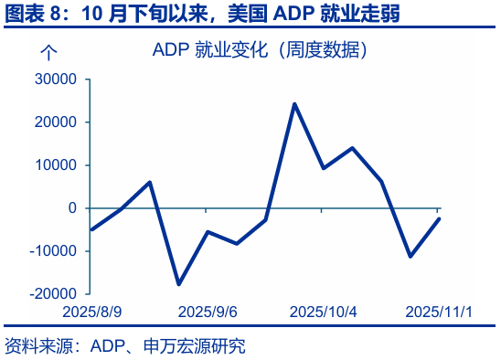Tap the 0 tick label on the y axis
[x=72, y=208]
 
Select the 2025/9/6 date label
[x=208, y=312]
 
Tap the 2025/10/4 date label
[x=323, y=312]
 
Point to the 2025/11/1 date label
[x=439, y=312]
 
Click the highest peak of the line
[x=294, y=103]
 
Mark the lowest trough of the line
[x=178, y=284]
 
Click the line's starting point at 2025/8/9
[x=91, y=229]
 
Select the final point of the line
[x=439, y=218]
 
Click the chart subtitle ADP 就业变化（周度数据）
[x=261, y=50]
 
